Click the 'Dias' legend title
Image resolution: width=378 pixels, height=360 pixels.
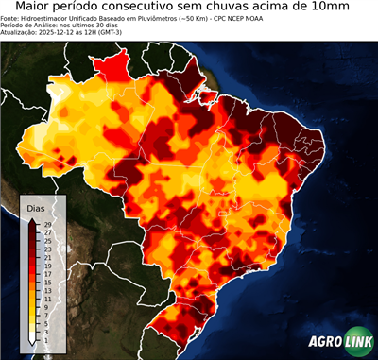36,208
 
